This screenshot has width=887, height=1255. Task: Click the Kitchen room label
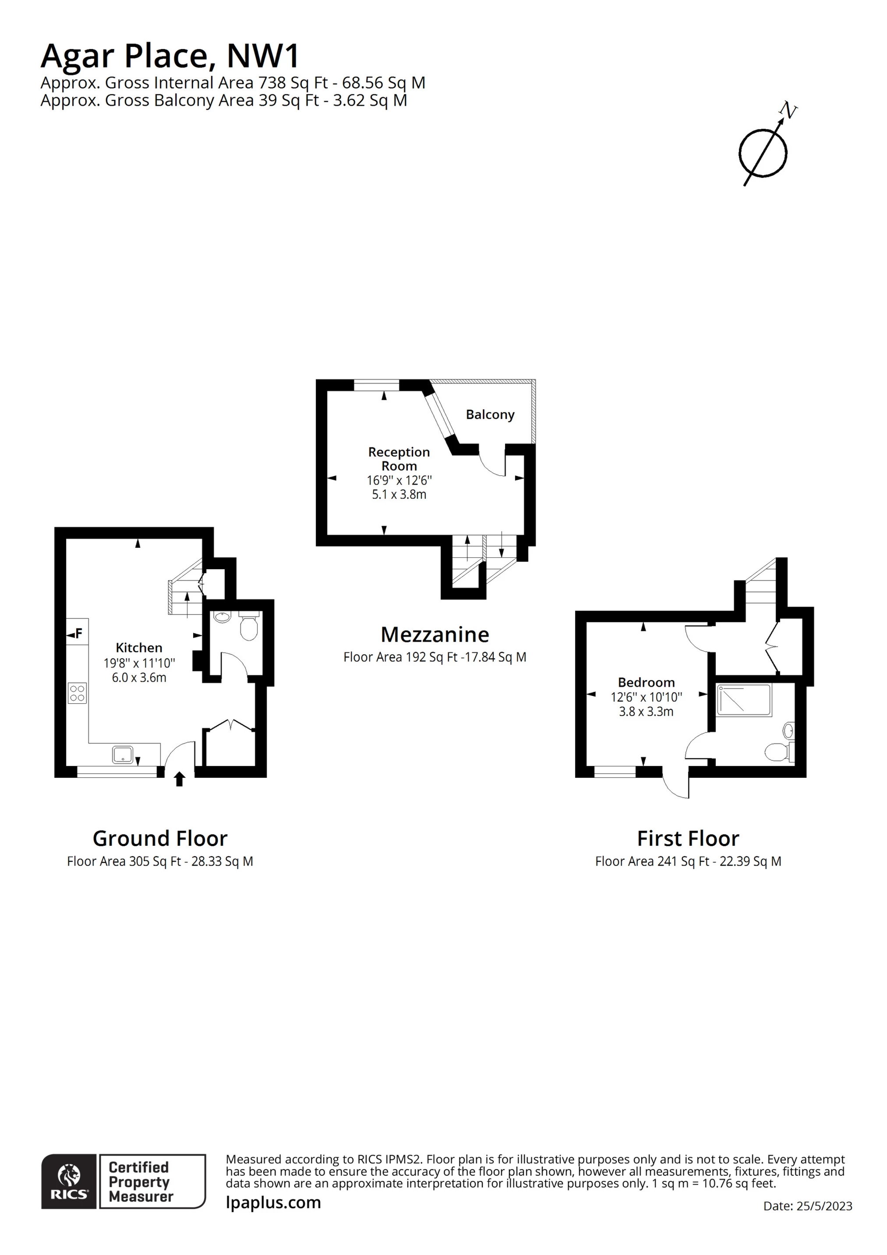pyautogui.click(x=139, y=648)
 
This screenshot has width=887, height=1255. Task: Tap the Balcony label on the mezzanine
pyautogui.click(x=490, y=415)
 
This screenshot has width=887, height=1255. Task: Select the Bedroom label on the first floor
pyautogui.click(x=646, y=683)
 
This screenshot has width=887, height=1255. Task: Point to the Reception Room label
pyautogui.click(x=399, y=459)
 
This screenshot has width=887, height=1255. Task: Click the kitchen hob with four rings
pyautogui.click(x=77, y=694)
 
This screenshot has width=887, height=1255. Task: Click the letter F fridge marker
pyautogui.click(x=79, y=634)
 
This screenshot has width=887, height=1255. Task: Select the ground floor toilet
pyautogui.click(x=249, y=625)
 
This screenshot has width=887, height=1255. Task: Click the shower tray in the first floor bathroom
pyautogui.click(x=744, y=700)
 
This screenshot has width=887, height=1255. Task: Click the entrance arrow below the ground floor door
pyautogui.click(x=179, y=779)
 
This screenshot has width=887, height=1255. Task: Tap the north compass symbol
pyautogui.click(x=765, y=146)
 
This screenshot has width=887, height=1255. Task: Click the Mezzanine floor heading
pyautogui.click(x=435, y=635)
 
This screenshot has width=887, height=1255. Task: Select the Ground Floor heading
pyautogui.click(x=160, y=838)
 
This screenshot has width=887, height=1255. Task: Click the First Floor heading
pyautogui.click(x=688, y=838)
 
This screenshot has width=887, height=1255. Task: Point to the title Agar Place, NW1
pyautogui.click(x=170, y=56)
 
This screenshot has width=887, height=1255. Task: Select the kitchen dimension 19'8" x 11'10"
pyautogui.click(x=139, y=663)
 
